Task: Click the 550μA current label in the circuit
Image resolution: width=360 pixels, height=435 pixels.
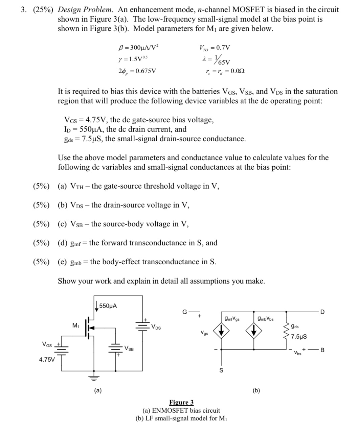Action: tap(108, 306)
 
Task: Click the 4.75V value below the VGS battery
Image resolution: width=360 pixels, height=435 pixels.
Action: tap(47, 359)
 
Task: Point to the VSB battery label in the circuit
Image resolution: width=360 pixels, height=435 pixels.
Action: tap(129, 348)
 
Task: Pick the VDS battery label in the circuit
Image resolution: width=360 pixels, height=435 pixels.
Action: tap(156, 327)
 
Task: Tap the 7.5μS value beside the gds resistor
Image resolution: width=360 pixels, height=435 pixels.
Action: tap(299, 336)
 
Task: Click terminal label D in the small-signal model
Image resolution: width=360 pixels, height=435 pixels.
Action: tap(322, 312)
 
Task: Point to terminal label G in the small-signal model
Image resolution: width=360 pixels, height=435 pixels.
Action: tap(184, 312)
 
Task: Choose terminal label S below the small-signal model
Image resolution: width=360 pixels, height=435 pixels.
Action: tap(221, 370)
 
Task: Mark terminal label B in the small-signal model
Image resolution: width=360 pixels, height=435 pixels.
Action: tap(322, 350)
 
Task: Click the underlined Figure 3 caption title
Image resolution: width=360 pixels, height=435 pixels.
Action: tap(181, 402)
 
